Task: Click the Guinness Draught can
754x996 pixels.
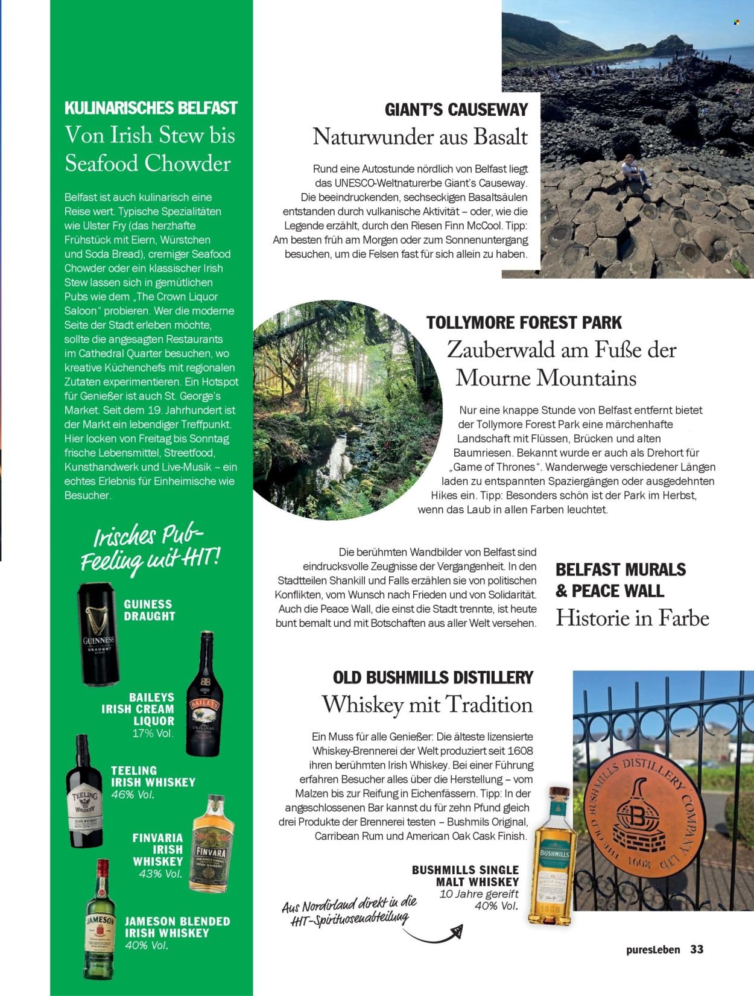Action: pos(99,635)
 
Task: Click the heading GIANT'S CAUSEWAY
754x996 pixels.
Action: pos(456,109)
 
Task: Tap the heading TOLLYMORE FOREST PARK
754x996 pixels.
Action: pos(524,322)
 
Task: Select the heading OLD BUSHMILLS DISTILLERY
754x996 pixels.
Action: pos(432,677)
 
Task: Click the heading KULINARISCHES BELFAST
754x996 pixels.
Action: pos(151,109)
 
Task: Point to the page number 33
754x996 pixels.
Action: pos(697,949)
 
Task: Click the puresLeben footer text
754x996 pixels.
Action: pos(653,950)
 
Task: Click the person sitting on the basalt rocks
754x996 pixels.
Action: pos(633,169)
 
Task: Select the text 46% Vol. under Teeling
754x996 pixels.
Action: pos(133,794)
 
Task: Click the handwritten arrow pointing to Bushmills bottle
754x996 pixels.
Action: pos(431,934)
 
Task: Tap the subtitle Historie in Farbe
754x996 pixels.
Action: pos(632,618)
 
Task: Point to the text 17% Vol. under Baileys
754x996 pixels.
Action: pos(153,734)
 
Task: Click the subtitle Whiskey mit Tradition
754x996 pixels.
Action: pos(427,705)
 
